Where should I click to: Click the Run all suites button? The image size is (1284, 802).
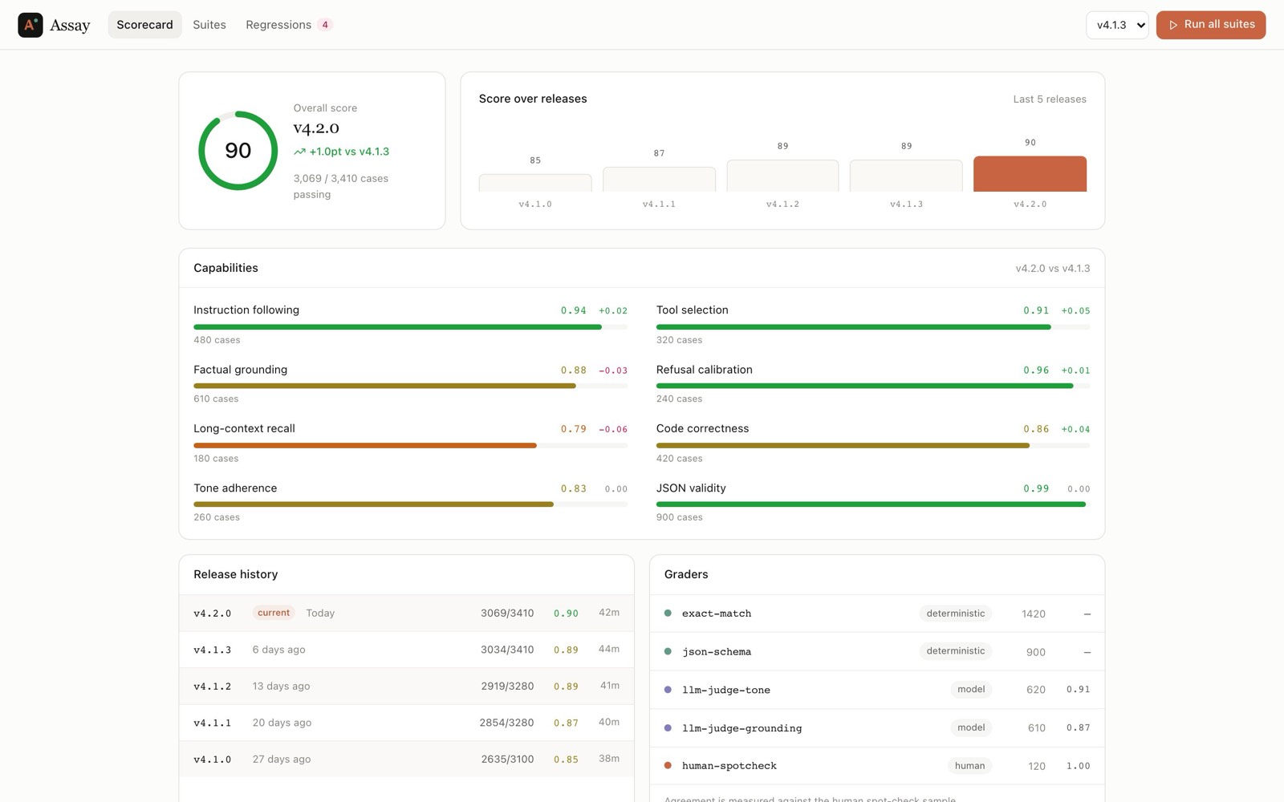point(1211,25)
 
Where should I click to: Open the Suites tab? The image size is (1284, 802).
point(209,25)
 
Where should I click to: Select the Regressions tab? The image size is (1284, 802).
point(289,25)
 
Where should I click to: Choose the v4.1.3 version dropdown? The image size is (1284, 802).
point(1117,25)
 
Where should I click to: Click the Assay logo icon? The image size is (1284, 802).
point(30,25)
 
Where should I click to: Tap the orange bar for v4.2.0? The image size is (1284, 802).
point(1030,173)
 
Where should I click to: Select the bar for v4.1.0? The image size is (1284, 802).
point(535,183)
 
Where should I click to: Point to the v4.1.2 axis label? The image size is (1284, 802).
point(782,204)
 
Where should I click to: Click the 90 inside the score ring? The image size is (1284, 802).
point(238,150)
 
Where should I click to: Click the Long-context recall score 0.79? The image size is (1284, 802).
point(573,429)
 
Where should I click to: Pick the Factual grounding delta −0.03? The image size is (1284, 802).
point(613,370)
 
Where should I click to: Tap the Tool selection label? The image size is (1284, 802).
point(692,310)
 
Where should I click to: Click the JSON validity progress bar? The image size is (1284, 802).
point(873,504)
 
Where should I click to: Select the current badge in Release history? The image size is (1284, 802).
point(274,613)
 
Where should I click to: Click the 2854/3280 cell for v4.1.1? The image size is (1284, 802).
point(506,723)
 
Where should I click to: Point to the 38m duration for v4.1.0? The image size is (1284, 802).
point(609,759)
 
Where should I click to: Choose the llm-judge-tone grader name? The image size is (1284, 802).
point(725,690)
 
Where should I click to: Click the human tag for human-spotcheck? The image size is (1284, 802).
point(969,766)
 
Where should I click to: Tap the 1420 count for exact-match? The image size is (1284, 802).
point(1034,614)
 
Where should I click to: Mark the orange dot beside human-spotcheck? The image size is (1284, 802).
point(668,765)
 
